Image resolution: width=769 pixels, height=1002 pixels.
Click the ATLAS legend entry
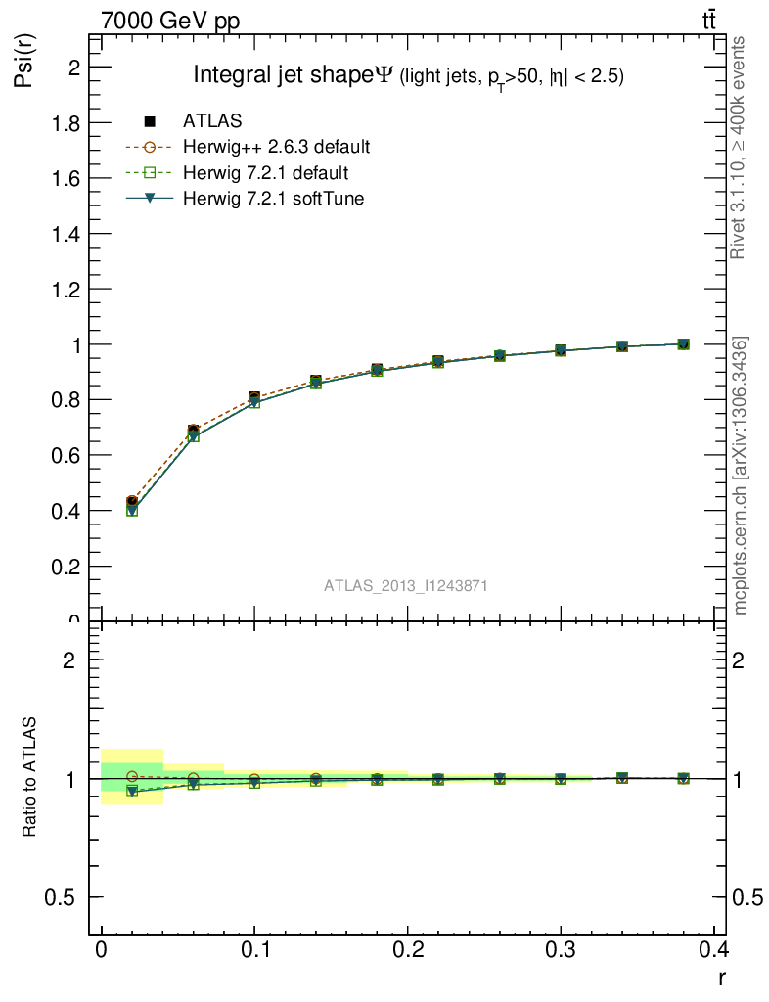212,121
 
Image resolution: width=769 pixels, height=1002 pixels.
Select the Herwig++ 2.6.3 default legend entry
276,148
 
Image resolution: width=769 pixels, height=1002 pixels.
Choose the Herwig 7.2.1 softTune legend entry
273,199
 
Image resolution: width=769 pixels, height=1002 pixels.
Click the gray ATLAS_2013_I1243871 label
406,585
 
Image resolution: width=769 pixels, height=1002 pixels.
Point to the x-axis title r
721,977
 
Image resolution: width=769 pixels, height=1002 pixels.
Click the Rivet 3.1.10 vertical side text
739,147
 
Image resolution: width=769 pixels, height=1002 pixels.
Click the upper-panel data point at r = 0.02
132,502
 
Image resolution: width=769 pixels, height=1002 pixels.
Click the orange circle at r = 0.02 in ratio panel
132,777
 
